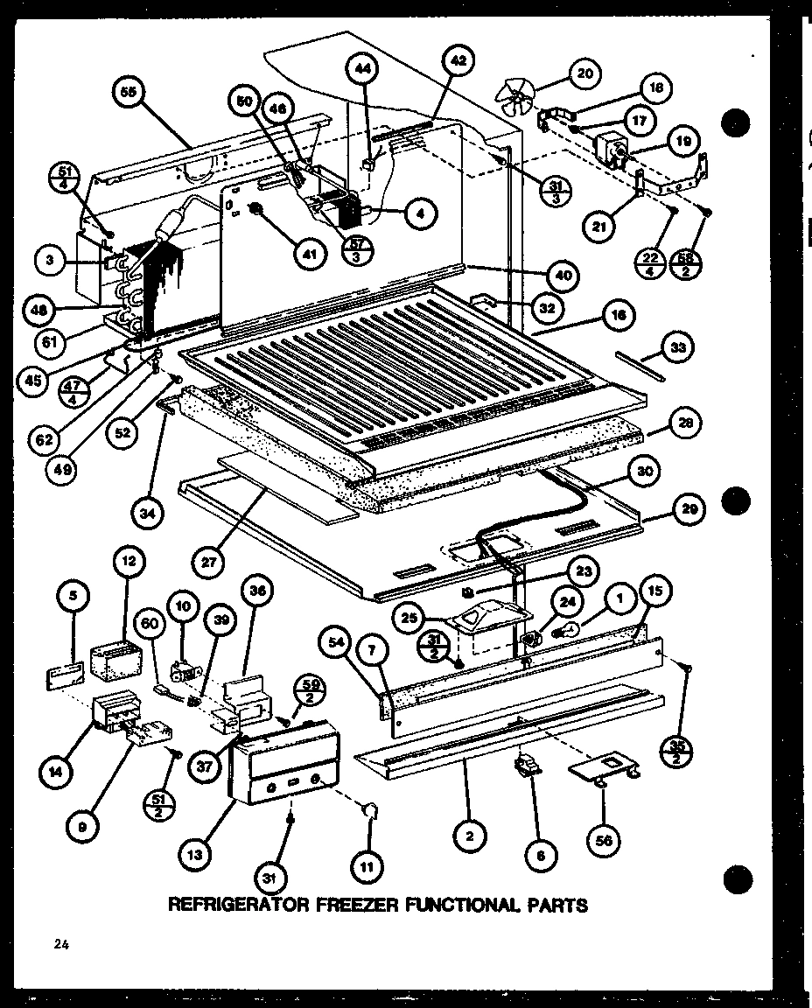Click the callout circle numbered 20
click(584, 73)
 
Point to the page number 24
click(59, 944)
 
